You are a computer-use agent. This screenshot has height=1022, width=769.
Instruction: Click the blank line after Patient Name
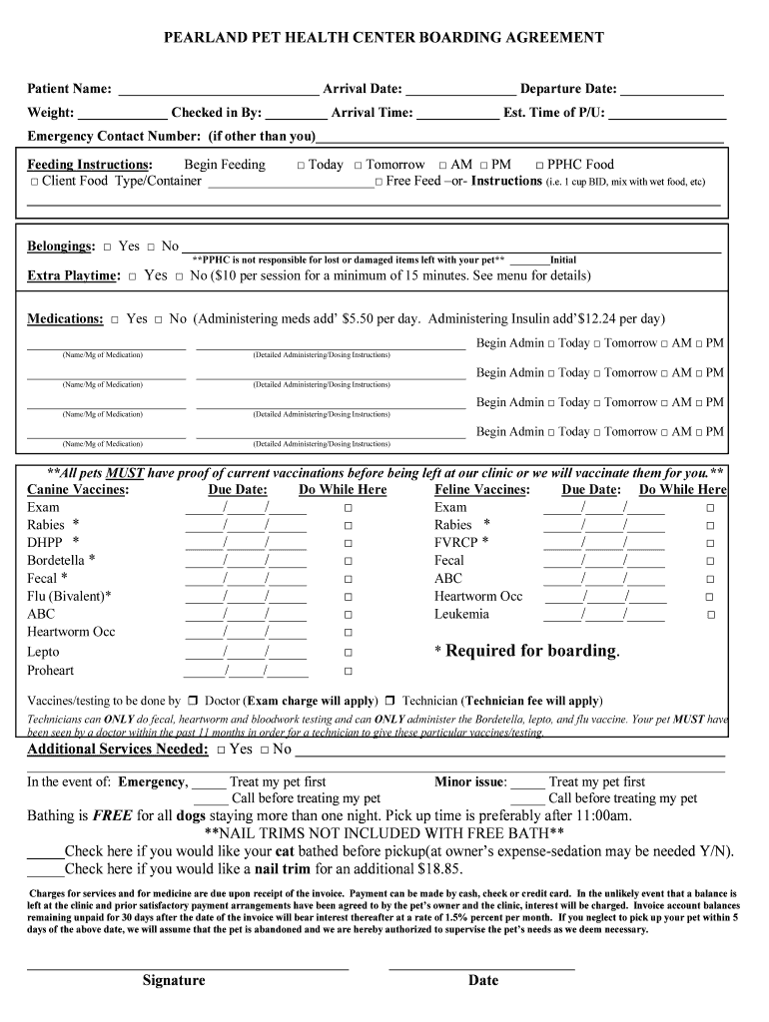(218, 90)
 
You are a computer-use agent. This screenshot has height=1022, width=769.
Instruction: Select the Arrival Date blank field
(460, 90)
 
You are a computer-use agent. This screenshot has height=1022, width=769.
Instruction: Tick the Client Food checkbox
(34, 183)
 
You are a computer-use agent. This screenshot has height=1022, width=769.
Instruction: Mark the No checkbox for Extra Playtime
(180, 276)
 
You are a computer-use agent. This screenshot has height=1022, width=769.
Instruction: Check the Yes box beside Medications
(116, 319)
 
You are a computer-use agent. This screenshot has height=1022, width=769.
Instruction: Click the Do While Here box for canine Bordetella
(349, 561)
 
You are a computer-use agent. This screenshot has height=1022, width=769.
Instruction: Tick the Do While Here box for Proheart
(349, 671)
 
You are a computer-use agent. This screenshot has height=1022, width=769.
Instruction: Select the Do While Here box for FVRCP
(711, 543)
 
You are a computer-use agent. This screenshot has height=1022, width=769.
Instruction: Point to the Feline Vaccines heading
(481, 490)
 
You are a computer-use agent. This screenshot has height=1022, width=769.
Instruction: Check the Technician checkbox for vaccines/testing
(391, 701)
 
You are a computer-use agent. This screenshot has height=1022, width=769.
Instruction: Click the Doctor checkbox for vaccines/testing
(193, 701)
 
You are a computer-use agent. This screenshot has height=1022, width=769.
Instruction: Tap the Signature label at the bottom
(174, 980)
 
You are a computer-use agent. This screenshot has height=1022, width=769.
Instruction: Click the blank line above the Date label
(481, 966)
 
